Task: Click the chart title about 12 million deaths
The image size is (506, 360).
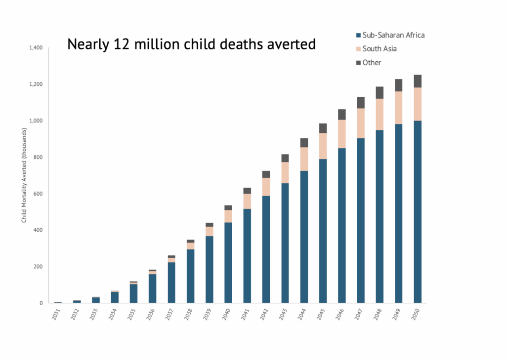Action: (191, 44)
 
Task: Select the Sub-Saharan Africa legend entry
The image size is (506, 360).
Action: (393, 35)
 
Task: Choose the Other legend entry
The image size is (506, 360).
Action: (372, 63)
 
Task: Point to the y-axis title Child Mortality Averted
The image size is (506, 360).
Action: (24, 175)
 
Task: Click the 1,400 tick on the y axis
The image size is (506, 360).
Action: (37, 48)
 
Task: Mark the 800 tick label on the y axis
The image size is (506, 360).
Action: (40, 157)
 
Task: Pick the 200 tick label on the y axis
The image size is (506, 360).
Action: (40, 267)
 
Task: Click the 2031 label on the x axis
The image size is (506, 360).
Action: (58, 314)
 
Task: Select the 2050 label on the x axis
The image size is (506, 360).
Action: (417, 314)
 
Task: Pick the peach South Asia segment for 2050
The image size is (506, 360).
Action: (418, 104)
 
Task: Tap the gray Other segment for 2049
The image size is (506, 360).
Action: (398, 85)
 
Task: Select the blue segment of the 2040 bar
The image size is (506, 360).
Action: (228, 262)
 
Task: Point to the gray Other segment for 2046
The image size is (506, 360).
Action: (341, 115)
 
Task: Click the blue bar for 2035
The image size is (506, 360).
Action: (133, 293)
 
